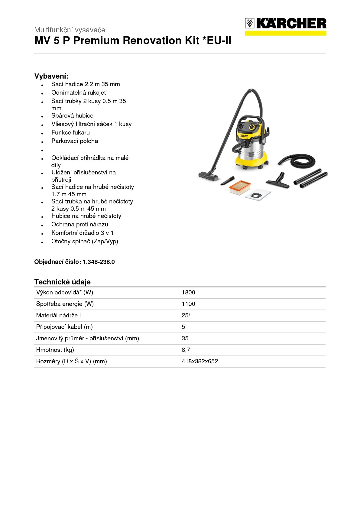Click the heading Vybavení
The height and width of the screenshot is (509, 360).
point(51,76)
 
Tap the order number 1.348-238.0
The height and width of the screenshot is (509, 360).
point(99,262)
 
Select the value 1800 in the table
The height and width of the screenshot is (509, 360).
point(188,292)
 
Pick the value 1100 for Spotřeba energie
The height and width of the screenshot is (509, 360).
point(188,304)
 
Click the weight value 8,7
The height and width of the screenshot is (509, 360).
point(186,350)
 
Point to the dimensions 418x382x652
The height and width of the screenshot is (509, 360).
point(200,361)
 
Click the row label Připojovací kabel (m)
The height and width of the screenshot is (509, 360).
point(64,327)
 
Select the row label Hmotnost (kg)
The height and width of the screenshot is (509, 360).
point(55,350)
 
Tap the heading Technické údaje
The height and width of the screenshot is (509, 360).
point(62,282)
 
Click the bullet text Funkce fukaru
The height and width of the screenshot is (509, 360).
point(70,132)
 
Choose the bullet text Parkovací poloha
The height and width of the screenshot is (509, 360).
point(75,141)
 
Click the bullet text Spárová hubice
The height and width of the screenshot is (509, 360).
point(72,115)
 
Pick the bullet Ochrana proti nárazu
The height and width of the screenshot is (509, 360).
point(80,224)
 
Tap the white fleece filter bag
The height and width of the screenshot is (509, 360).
point(258,194)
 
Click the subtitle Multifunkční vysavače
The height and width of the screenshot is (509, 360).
point(70,30)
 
